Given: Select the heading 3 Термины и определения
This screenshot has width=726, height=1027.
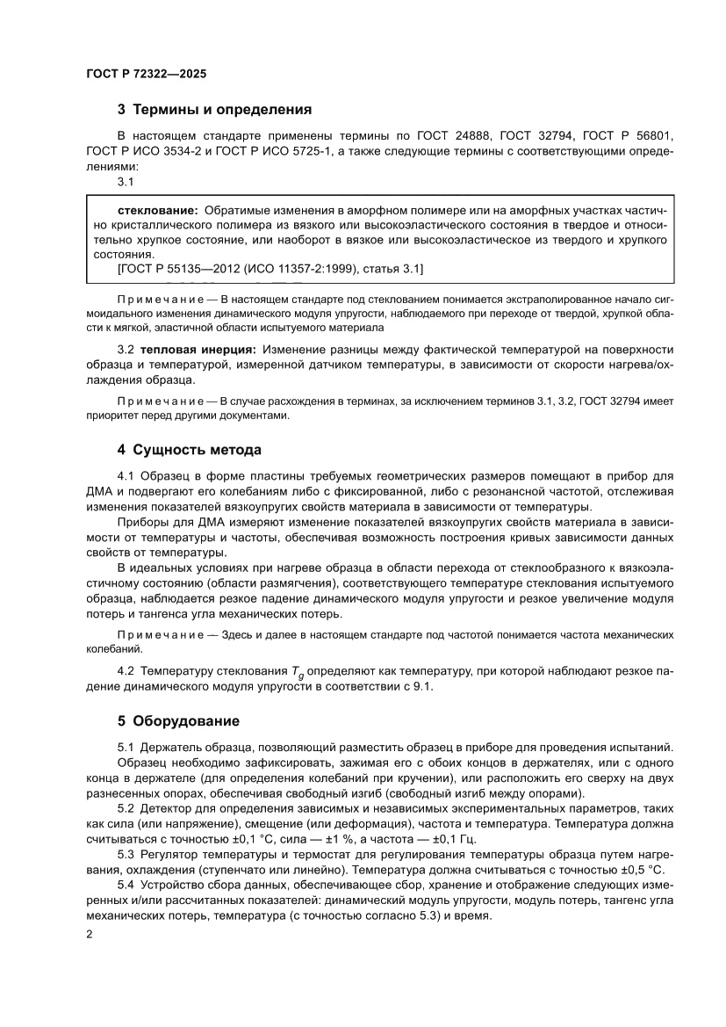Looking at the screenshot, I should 215,111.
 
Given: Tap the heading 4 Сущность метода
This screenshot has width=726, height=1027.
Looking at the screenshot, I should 190,450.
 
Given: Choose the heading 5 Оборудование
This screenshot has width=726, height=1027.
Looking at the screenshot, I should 178,721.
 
